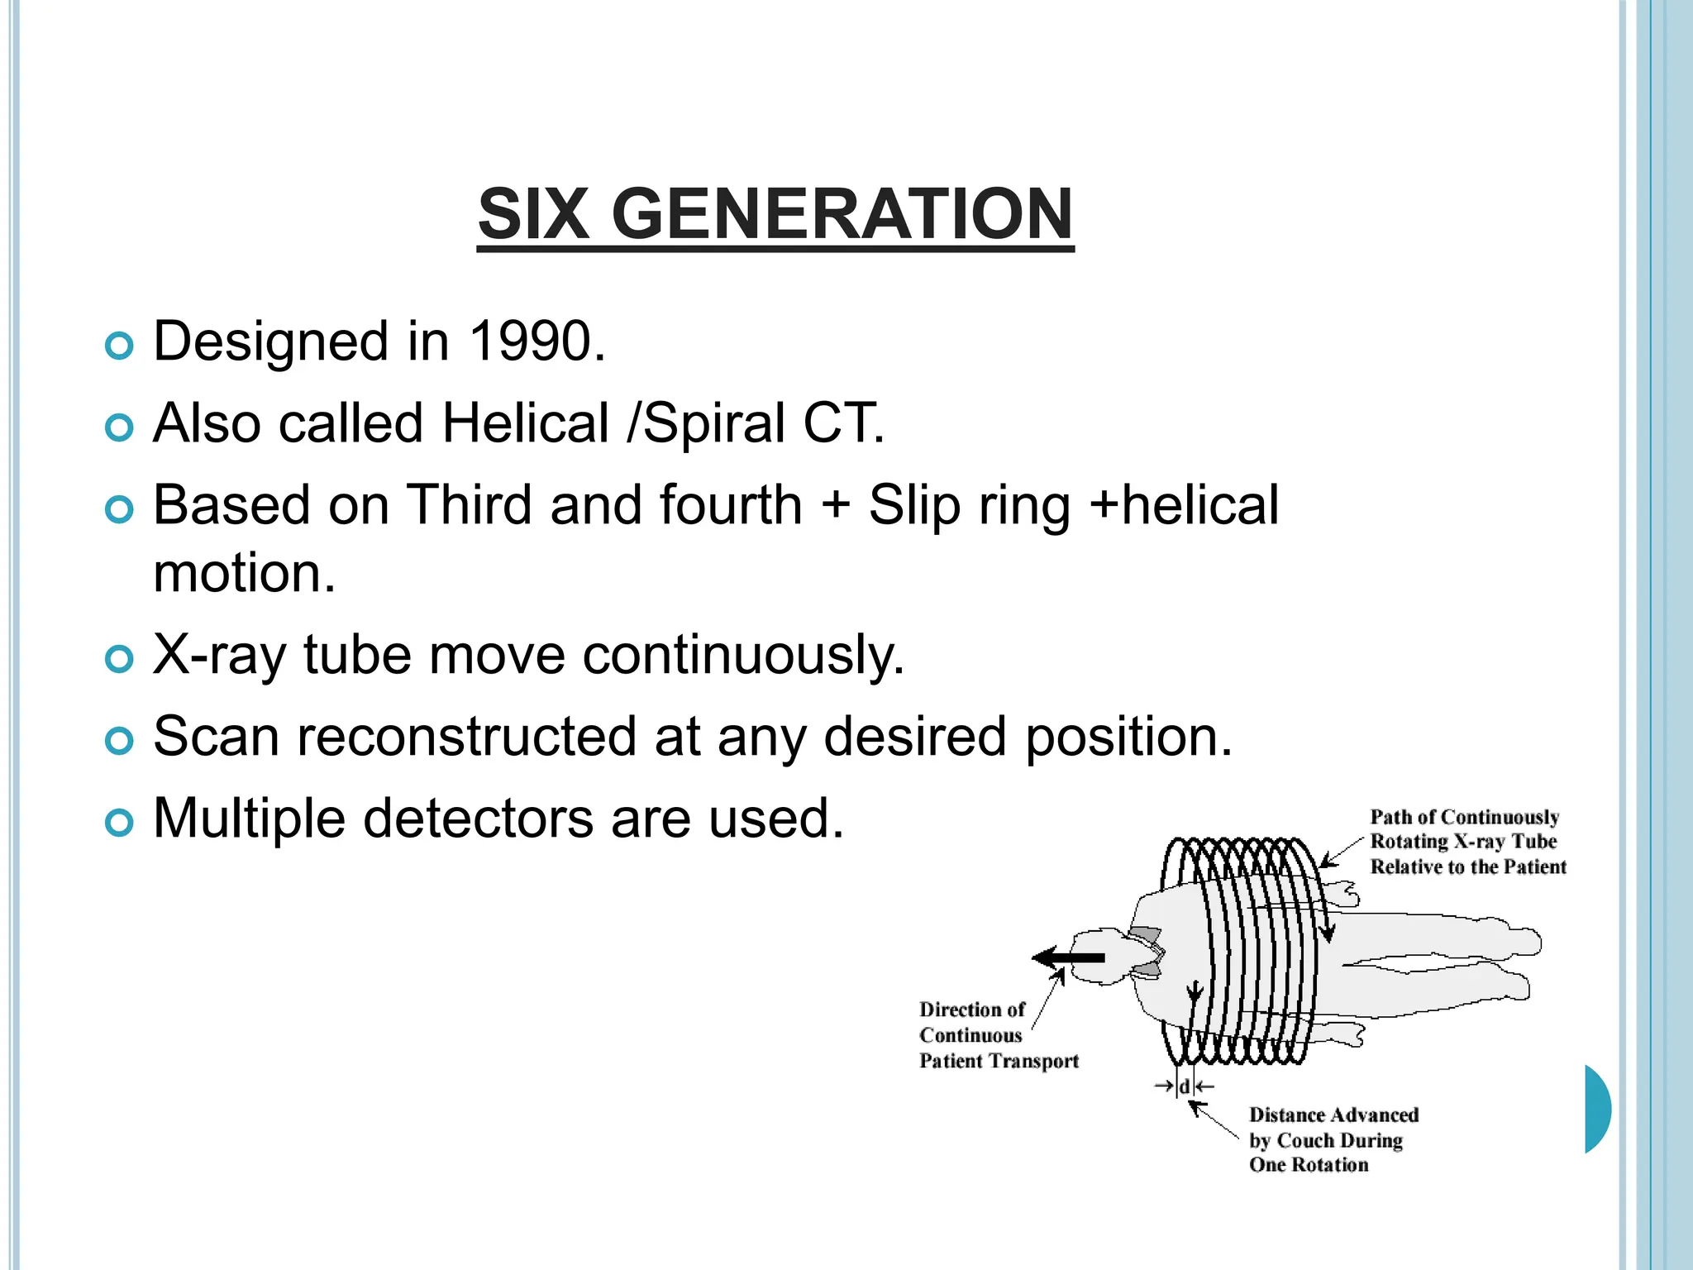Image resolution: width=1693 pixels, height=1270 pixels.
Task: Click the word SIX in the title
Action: (x=533, y=214)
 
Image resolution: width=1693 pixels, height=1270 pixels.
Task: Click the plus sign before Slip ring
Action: (x=836, y=505)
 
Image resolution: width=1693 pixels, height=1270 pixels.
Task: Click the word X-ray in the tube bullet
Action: (x=219, y=655)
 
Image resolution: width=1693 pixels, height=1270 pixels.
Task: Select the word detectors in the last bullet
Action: (x=478, y=818)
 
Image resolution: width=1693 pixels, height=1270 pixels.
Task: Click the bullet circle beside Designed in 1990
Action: (x=120, y=346)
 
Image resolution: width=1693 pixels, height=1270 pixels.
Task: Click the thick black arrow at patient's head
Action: (x=1068, y=958)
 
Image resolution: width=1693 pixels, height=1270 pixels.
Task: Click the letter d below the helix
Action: (x=1184, y=1086)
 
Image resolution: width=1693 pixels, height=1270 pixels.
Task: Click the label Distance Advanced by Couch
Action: (x=1333, y=1139)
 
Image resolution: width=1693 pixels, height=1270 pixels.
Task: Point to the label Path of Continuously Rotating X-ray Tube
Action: (x=1466, y=842)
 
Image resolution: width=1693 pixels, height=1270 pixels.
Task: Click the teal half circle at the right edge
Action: (x=1597, y=1109)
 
